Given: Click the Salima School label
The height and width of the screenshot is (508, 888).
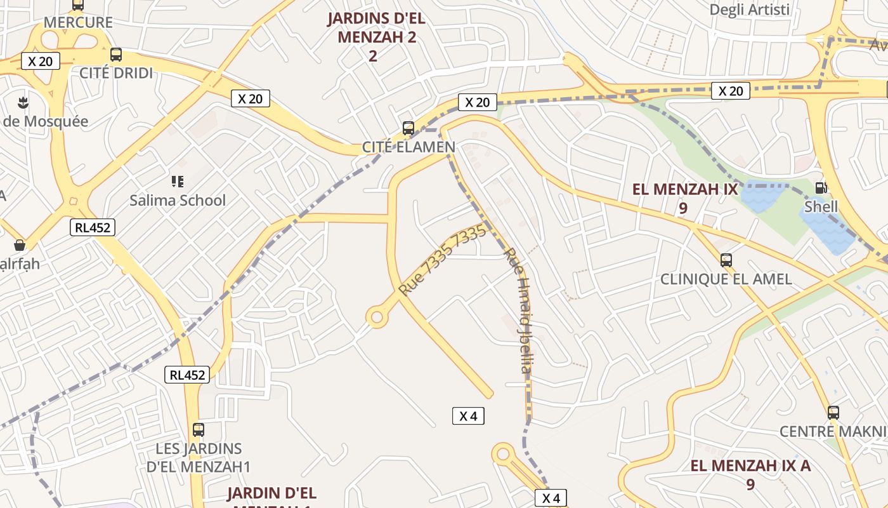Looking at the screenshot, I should click(x=178, y=201).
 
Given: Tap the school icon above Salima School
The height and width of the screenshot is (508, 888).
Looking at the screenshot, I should click(x=178, y=182).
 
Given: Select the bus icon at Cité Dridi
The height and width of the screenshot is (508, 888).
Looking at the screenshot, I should click(x=115, y=55).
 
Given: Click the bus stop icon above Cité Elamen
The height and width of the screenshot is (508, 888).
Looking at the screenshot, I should click(x=408, y=128).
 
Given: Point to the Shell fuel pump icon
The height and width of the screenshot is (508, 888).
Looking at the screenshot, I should click(x=821, y=188).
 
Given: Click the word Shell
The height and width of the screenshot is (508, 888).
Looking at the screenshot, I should click(x=821, y=207).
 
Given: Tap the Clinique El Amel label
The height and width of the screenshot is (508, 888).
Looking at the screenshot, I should click(x=726, y=279).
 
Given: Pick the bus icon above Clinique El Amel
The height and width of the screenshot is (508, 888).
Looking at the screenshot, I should click(x=726, y=260).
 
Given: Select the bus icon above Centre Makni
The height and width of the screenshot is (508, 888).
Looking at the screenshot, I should click(x=833, y=412).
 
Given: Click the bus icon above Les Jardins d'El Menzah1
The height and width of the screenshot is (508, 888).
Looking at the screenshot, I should click(x=199, y=429).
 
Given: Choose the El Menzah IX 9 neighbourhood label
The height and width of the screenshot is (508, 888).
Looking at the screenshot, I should click(x=685, y=197).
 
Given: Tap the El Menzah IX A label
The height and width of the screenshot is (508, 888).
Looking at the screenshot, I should click(x=750, y=474).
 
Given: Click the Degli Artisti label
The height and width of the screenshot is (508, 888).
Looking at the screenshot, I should click(x=749, y=10).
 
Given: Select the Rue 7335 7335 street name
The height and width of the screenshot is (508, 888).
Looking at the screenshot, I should click(x=442, y=259).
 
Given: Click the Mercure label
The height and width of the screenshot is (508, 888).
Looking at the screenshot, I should click(x=78, y=23).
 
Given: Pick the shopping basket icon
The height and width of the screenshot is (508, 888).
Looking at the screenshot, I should click(x=20, y=245).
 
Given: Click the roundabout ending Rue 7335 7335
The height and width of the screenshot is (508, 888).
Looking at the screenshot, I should click(x=377, y=316).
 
